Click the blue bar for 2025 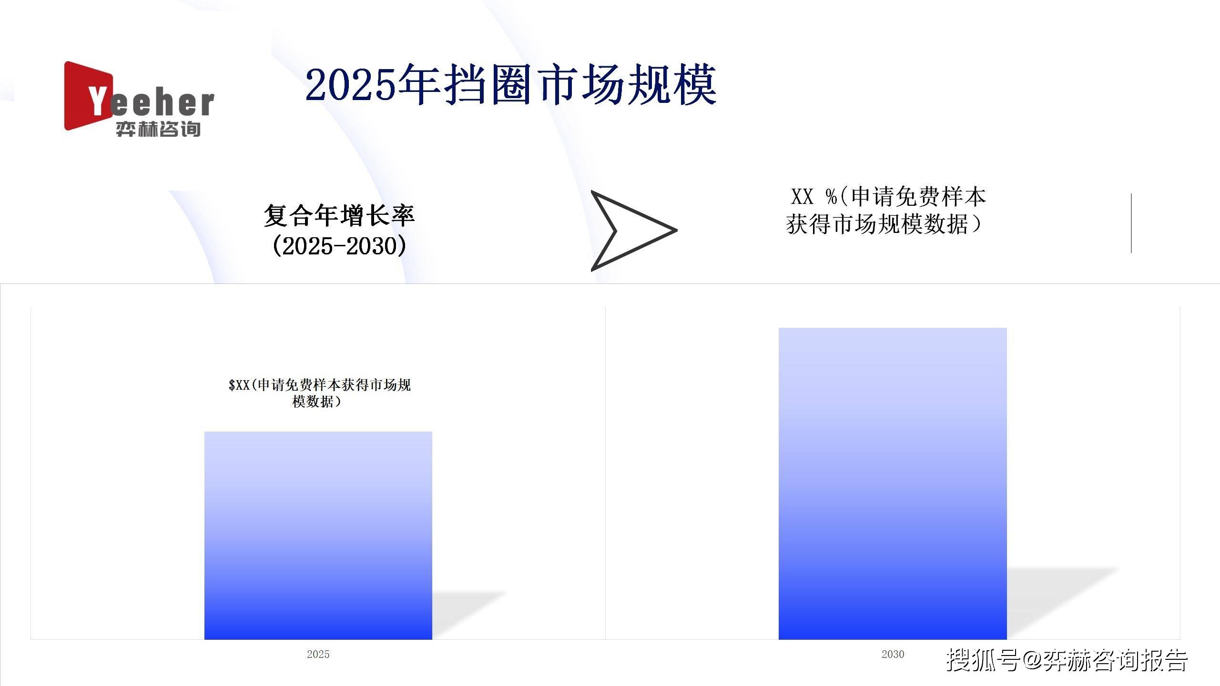point(318,535)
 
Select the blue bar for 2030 point(893,484)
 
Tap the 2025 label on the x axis point(318,654)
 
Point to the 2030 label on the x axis point(893,654)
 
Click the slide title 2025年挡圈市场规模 point(511,85)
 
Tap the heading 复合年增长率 point(339,215)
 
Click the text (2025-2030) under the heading point(339,246)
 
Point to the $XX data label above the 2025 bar point(319,393)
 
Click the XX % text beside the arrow point(813,197)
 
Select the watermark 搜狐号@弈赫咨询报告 point(1067,659)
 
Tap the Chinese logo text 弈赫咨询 point(158,129)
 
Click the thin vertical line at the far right point(1131,223)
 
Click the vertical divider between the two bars point(605,473)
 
